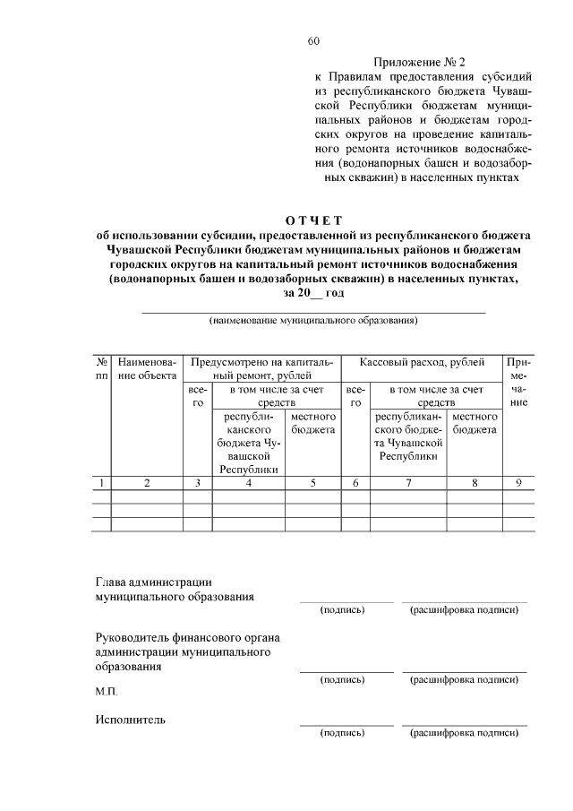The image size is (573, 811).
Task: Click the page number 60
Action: [x=312, y=41]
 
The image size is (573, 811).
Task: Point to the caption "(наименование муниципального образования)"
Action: [x=313, y=320]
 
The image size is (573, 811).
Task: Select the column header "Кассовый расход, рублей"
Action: [x=423, y=363]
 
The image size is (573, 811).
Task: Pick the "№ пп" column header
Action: [x=102, y=369]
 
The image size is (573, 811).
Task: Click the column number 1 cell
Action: [x=102, y=484]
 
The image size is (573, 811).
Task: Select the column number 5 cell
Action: [x=312, y=484]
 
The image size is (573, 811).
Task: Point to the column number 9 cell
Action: [x=517, y=484]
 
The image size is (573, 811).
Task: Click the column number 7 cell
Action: [x=409, y=484]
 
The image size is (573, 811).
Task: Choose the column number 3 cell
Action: [x=197, y=484]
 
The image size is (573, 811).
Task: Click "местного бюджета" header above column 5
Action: [x=312, y=424]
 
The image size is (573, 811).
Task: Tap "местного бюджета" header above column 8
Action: [x=475, y=424]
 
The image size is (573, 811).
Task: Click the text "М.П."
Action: [x=106, y=693]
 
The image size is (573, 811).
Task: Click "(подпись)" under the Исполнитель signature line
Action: [x=343, y=733]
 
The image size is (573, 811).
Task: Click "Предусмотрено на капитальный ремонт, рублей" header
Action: [x=261, y=369]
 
